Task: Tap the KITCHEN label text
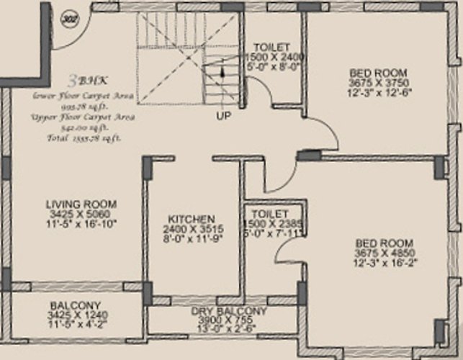[x=192, y=218]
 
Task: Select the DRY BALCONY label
[x=229, y=311]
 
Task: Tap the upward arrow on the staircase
[x=222, y=73]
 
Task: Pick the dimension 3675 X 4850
[x=384, y=253]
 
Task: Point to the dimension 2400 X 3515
[x=192, y=228]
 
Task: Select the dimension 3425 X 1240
[x=75, y=315]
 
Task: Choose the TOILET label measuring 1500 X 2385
[x=271, y=214]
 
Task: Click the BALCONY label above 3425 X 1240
[x=75, y=305]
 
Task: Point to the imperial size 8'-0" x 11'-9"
[x=192, y=238]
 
